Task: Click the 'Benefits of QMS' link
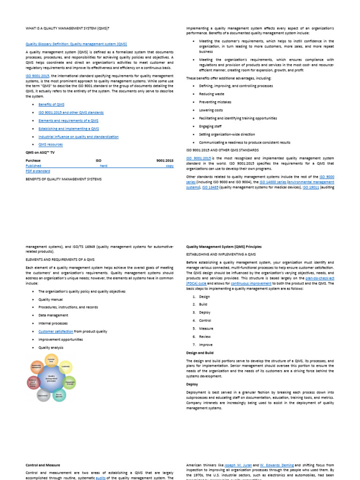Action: [51, 105]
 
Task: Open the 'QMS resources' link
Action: [50, 144]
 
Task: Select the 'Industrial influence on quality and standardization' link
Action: [78, 136]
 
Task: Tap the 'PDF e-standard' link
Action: [38, 171]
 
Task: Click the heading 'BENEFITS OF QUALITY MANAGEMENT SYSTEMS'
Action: [63, 179]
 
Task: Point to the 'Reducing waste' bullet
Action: [211, 94]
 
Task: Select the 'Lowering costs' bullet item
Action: [211, 110]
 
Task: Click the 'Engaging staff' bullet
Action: [210, 126]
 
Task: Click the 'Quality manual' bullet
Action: [51, 299]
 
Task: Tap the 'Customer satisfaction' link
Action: [56, 331]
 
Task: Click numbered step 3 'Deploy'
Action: [204, 312]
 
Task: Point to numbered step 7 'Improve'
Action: [205, 344]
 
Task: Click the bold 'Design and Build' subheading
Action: [200, 352]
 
